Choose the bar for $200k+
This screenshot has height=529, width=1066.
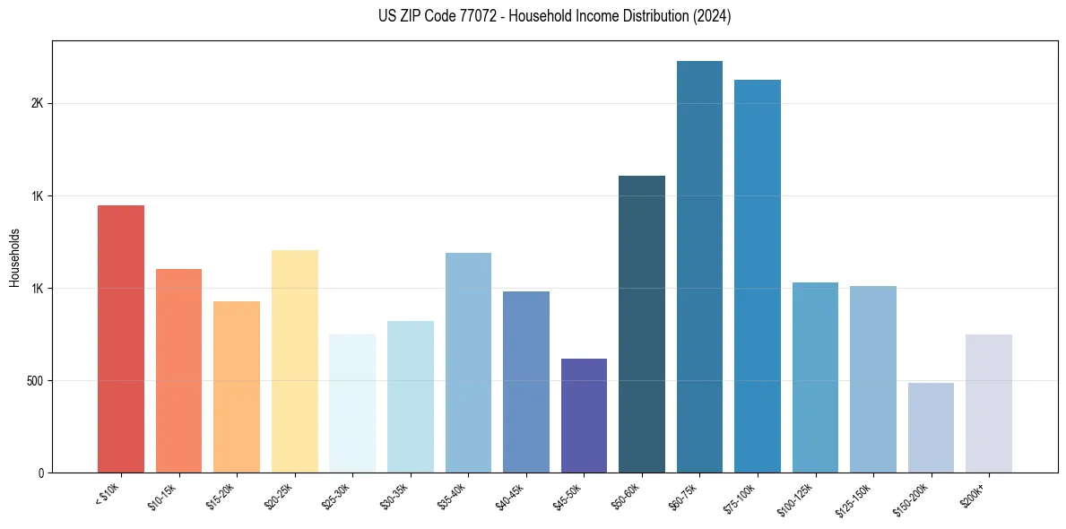(x=988, y=403)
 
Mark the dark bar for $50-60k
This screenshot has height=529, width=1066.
(x=642, y=324)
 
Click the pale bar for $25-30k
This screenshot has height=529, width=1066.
(x=352, y=403)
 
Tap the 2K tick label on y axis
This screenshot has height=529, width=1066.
(x=37, y=103)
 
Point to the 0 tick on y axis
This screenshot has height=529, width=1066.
(x=40, y=473)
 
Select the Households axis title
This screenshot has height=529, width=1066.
(x=14, y=256)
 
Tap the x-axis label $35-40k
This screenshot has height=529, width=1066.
(x=455, y=495)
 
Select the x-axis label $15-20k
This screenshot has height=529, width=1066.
(x=223, y=495)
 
